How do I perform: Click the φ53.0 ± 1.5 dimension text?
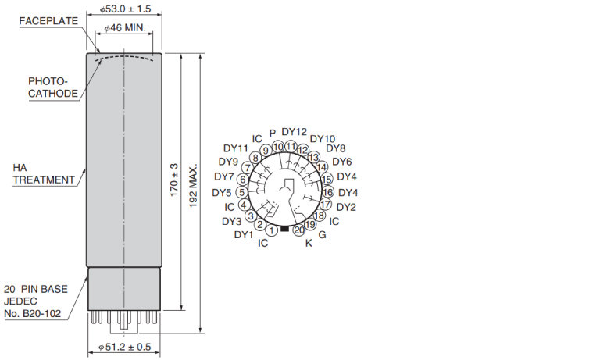pos(125,9)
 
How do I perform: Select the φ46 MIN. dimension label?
pos(125,28)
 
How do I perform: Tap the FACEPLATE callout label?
pos(48,21)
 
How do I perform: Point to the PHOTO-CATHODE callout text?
pos(53,87)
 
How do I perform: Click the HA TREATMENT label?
pos(44,173)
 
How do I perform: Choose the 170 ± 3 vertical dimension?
pos(174,180)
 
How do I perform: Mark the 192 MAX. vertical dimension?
pos(193,187)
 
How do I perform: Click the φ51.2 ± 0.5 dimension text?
pos(125,347)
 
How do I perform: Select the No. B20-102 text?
pos(33,314)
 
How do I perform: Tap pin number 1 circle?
pos(271,230)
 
